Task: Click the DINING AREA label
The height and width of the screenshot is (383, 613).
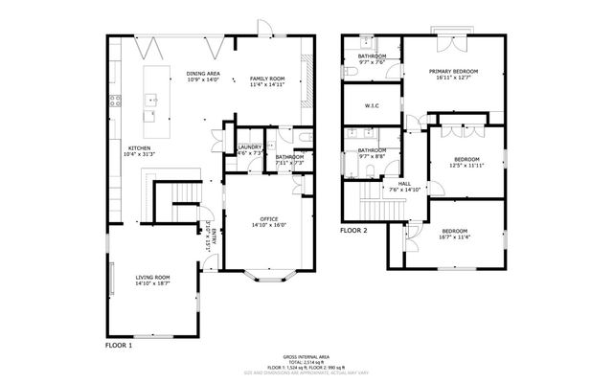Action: point(203,73)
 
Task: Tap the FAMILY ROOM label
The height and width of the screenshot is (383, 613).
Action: point(268,79)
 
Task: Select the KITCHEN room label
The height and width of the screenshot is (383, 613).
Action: point(140,147)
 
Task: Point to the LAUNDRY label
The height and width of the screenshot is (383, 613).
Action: point(249,146)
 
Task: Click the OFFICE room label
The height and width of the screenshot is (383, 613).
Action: point(269,219)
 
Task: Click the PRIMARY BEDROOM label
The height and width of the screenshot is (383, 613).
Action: point(453,71)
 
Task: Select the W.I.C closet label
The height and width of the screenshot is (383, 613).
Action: point(374,105)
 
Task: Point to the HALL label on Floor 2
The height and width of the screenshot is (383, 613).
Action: point(404,183)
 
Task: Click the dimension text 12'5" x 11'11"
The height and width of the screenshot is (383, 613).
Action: point(465,165)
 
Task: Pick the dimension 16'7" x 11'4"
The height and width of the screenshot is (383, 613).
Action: point(454,237)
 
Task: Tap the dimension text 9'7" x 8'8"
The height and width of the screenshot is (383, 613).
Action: point(372,156)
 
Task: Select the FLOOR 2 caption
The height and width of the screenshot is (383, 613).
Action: point(354,231)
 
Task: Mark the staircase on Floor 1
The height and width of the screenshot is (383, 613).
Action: point(174,197)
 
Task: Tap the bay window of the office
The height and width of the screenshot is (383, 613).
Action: point(269,278)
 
